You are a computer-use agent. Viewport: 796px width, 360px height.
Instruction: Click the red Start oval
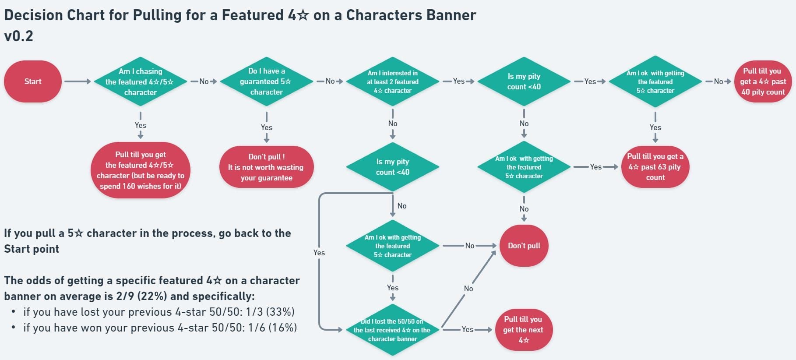(33, 81)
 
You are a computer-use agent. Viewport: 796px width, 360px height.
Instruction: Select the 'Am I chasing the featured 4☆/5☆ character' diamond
(140, 81)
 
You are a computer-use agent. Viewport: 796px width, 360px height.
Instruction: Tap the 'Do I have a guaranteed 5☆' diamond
(266, 81)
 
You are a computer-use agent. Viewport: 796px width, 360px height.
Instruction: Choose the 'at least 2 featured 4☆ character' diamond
(392, 81)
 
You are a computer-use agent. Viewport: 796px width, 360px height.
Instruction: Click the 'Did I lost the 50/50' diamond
(392, 330)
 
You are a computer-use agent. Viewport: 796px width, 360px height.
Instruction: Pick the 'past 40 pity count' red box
(763, 81)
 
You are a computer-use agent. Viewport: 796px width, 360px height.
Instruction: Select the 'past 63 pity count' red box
(655, 167)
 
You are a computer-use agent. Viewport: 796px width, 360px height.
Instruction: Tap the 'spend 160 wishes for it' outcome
(140, 170)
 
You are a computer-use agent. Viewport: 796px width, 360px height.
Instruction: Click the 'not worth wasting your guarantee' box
(266, 167)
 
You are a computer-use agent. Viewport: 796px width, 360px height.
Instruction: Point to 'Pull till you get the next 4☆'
(523, 330)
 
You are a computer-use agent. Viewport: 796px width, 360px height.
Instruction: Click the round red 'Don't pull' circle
(524, 246)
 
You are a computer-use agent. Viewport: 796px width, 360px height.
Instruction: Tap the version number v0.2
(18, 36)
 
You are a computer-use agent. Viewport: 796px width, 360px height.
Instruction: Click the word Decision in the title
(33, 15)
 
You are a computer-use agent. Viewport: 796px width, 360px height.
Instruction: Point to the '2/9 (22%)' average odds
(141, 296)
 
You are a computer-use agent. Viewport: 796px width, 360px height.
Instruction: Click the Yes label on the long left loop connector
(319, 253)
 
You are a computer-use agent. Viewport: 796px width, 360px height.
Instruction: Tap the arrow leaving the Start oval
(77, 81)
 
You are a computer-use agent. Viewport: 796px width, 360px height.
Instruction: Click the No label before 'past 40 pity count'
(719, 81)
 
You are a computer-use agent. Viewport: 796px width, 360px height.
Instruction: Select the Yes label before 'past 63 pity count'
(595, 167)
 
